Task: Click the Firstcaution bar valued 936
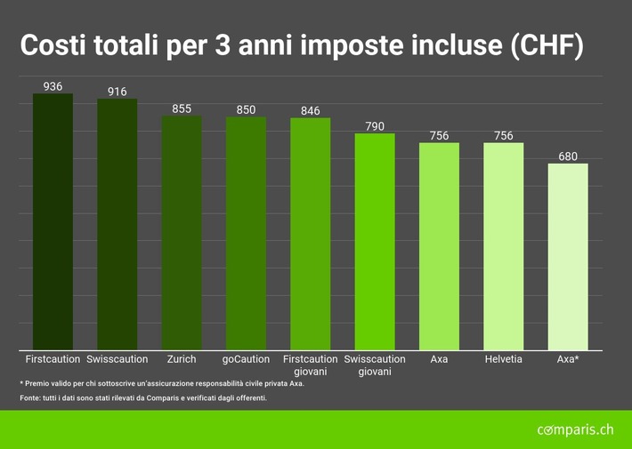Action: (x=53, y=222)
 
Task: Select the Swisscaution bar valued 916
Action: (x=117, y=224)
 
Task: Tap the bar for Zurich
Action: (x=182, y=233)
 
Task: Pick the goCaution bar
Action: (x=246, y=234)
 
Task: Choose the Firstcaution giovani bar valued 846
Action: (x=310, y=235)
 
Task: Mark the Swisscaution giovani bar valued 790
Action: (x=375, y=242)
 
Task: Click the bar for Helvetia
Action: (x=503, y=246)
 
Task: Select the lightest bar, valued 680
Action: (x=567, y=257)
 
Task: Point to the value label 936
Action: (x=53, y=86)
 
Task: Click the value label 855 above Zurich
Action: (x=182, y=108)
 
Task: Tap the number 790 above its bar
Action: (x=375, y=126)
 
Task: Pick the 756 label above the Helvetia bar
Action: (x=503, y=135)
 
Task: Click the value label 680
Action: (x=567, y=156)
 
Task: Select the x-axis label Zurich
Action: (x=182, y=359)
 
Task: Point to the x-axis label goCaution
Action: (x=246, y=359)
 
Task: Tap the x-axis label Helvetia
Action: (x=503, y=359)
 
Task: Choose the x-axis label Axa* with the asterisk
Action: (x=567, y=359)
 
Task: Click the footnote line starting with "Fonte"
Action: (x=143, y=397)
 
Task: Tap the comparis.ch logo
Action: (x=575, y=430)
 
